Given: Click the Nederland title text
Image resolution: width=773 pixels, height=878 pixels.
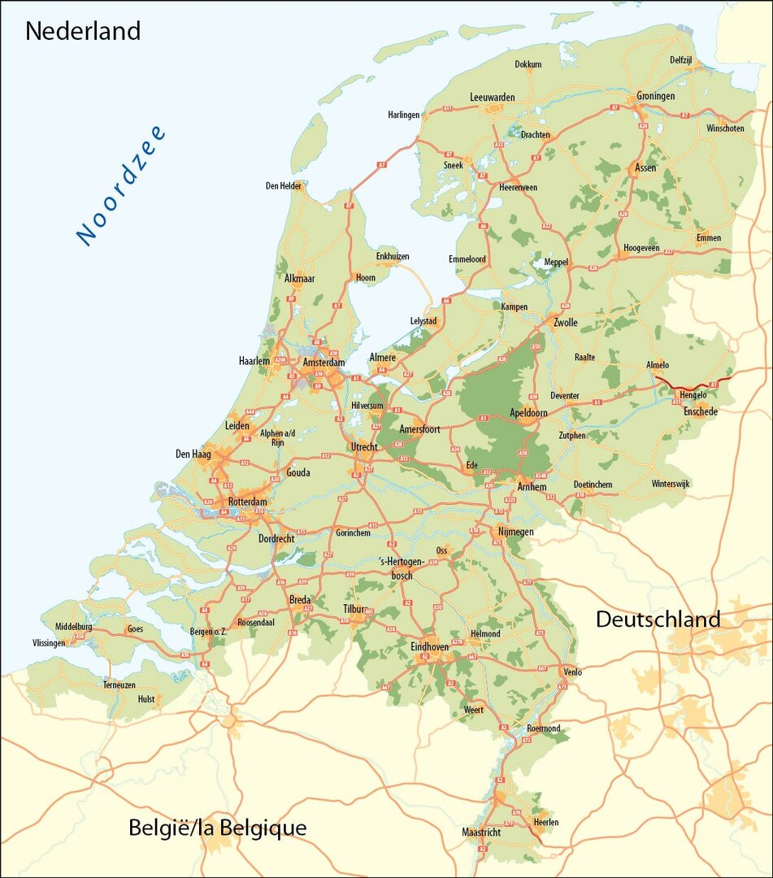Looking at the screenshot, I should click(x=83, y=31).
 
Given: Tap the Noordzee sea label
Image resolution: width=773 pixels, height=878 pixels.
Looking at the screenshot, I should click(x=121, y=185).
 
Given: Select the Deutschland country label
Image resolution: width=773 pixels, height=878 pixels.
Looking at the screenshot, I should click(x=658, y=619).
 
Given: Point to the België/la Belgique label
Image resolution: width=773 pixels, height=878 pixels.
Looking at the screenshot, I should click(x=218, y=828).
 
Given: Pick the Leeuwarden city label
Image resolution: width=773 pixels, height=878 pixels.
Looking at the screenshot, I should click(x=492, y=98).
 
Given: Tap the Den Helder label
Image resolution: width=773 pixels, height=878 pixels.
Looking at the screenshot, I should click(x=284, y=186).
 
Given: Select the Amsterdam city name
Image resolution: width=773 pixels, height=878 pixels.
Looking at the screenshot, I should click(x=324, y=363).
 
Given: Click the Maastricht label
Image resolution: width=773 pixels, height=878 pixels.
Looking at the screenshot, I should click(x=481, y=832).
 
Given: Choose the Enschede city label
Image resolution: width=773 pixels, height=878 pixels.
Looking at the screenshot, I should click(x=700, y=412).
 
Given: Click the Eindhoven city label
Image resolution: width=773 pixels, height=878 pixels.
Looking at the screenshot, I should click(x=429, y=646).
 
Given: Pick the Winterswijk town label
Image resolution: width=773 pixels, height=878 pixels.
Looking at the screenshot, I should click(x=670, y=484).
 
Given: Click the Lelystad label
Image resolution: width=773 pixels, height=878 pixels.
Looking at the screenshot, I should click(x=423, y=321).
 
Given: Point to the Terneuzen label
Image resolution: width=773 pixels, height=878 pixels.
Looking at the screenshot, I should click(x=119, y=685).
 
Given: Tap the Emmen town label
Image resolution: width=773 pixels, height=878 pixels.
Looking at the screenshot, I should click(x=708, y=238).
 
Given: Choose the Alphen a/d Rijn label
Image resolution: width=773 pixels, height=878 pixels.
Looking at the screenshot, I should click(x=278, y=438).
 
